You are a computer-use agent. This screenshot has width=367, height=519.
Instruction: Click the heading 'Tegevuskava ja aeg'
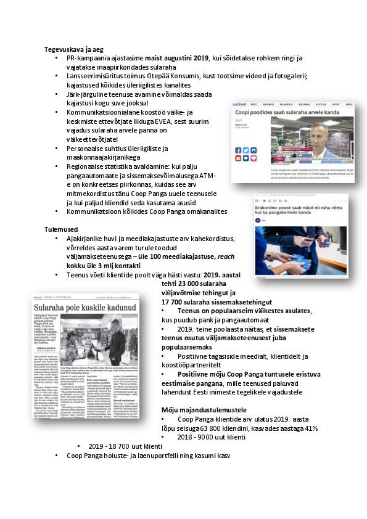(73, 49)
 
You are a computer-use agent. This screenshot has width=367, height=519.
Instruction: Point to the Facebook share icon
(239, 150)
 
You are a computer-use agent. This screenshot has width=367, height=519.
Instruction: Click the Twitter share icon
(245, 150)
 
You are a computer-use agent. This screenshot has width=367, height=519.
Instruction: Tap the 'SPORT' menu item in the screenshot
(336, 105)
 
